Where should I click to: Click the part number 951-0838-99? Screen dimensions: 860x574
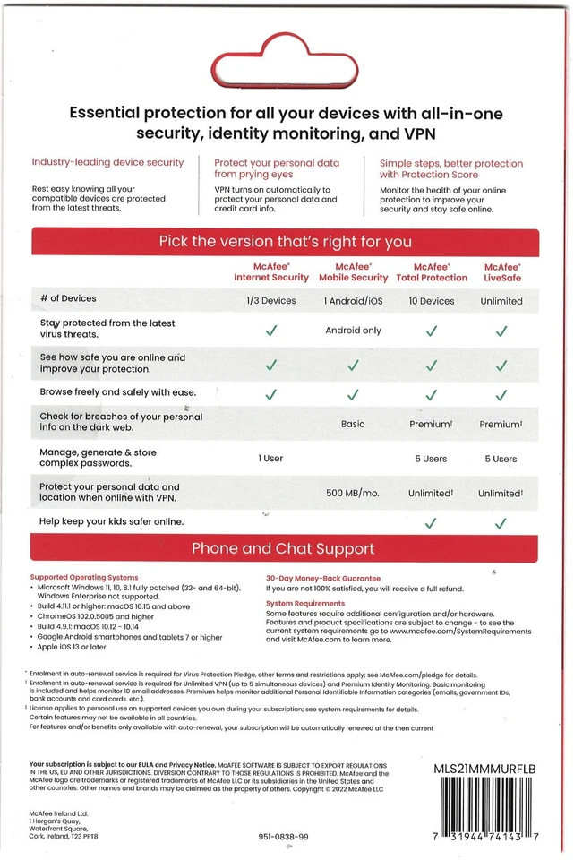[x=283, y=837]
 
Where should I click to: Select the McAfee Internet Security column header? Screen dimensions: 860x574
[x=271, y=272]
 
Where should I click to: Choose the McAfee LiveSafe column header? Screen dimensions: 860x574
[x=501, y=272]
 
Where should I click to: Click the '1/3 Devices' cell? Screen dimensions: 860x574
[x=271, y=301]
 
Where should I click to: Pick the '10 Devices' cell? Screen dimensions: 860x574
[x=432, y=301]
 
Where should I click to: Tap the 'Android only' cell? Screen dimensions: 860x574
[x=353, y=331]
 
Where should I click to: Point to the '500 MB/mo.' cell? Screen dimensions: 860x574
[x=353, y=493]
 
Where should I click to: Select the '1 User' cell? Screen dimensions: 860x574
[x=271, y=459]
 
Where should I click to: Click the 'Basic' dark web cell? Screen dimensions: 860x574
[x=353, y=424]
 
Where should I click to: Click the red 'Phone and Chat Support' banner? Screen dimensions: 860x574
[x=284, y=548]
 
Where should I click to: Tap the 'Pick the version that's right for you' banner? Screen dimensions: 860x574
[x=286, y=242]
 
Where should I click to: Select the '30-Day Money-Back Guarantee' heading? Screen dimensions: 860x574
[x=323, y=578]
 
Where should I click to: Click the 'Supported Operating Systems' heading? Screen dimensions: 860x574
[x=84, y=578]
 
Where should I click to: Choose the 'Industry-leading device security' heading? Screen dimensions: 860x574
[x=107, y=163]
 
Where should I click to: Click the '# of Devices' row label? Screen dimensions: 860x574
[x=68, y=298]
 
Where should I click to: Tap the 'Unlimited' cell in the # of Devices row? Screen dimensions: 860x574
[x=501, y=301]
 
